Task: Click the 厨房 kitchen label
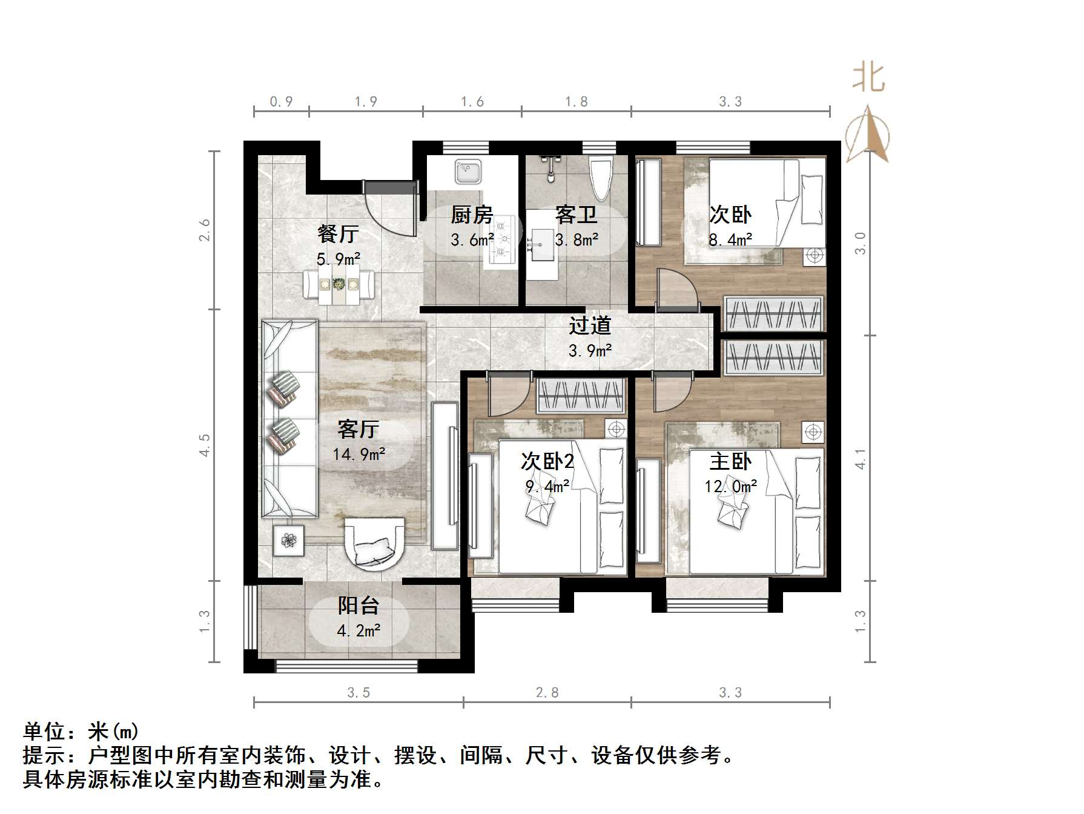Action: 472,215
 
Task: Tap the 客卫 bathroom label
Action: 576,215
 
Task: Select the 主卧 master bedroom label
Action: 730,462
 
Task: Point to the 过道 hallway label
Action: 590,326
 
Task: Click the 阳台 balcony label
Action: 359,605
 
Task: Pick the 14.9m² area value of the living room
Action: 359,454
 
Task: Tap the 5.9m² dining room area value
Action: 339,259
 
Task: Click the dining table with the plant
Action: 339,284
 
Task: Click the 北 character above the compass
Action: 869,79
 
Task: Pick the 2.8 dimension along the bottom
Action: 547,692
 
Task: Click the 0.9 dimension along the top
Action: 281,102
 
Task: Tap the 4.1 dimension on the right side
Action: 861,458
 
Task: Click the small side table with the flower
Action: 288,540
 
